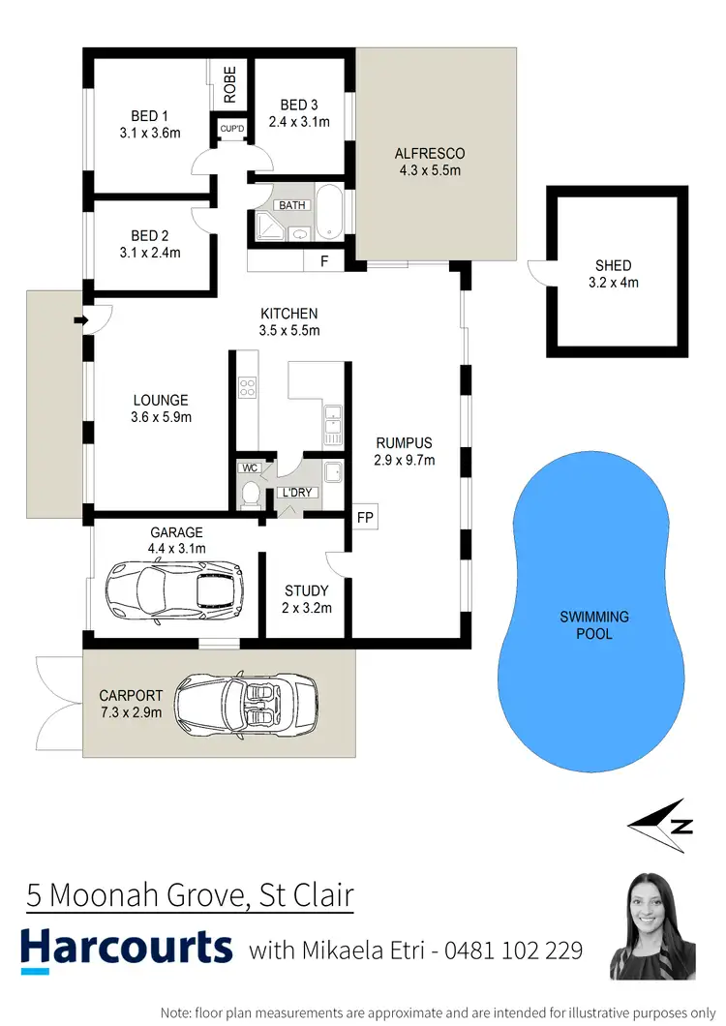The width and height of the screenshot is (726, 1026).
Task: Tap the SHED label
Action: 614,265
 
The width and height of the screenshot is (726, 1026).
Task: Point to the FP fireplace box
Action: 365,517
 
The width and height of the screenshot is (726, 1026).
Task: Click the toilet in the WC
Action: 250,493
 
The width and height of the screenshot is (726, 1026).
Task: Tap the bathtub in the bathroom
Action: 328,213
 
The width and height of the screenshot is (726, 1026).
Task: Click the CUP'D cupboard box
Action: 231,128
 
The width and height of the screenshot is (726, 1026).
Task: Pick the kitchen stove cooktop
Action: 247,386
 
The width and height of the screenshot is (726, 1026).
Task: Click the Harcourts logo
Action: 127,948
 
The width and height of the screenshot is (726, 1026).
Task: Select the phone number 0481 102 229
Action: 513,951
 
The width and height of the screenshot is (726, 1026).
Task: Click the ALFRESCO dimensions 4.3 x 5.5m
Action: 430,171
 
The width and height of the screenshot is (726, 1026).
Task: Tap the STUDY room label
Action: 307,590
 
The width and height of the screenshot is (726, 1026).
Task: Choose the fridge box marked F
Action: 323,261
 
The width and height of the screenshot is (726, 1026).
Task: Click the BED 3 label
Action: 299,105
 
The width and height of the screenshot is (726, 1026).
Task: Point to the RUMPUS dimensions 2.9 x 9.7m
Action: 405,460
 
